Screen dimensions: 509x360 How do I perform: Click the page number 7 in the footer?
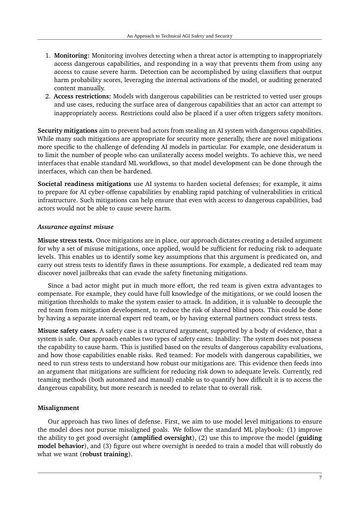point(320,478)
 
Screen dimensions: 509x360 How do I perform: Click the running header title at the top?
point(179,36)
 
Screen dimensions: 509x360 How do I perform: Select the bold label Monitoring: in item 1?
point(72,55)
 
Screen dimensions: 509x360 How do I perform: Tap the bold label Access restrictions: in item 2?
point(82,96)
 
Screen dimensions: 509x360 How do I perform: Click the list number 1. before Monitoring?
point(48,55)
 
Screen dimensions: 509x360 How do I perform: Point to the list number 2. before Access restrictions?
point(48,96)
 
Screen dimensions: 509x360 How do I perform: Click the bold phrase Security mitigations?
point(67,131)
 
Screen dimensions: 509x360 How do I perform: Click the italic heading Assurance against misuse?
point(76,227)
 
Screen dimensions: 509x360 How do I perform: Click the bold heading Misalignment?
point(58,408)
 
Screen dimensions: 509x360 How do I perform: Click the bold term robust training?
point(106,454)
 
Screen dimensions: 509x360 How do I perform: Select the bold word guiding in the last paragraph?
point(311,438)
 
